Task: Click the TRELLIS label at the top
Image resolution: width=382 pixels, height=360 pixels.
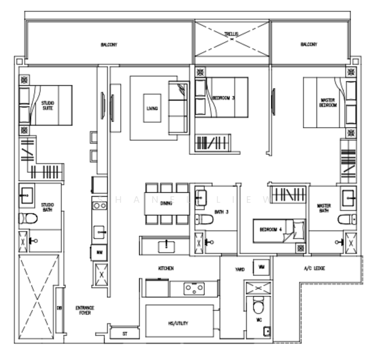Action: [x=232, y=34]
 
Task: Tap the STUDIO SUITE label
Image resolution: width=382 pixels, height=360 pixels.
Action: [x=47, y=106]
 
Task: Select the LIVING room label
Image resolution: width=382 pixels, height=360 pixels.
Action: [x=151, y=109]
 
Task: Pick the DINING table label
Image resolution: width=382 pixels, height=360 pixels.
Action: [x=166, y=203]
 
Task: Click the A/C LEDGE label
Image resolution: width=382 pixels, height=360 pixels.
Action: [x=315, y=268]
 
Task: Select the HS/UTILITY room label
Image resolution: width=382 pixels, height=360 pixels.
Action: [x=178, y=323]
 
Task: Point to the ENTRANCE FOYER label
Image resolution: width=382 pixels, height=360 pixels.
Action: [x=85, y=311]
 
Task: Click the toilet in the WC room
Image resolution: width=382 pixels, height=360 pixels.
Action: [x=257, y=306]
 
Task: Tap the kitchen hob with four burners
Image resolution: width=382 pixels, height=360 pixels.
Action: [x=193, y=289]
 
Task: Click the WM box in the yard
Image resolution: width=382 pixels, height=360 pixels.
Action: [x=262, y=266]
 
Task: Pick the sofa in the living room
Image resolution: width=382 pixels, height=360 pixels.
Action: [x=178, y=109]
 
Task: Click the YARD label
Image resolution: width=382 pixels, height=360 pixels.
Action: [x=240, y=269]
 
